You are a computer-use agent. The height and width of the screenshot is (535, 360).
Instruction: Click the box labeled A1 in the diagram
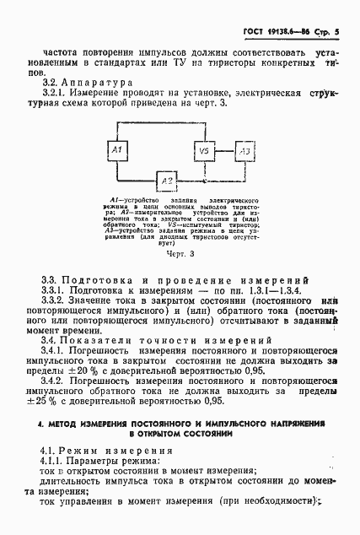point(119,151)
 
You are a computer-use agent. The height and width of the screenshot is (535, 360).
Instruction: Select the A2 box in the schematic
point(167,181)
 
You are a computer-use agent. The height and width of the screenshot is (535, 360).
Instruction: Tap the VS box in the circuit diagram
point(204,151)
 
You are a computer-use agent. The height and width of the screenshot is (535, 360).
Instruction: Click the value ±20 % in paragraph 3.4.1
point(84,368)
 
